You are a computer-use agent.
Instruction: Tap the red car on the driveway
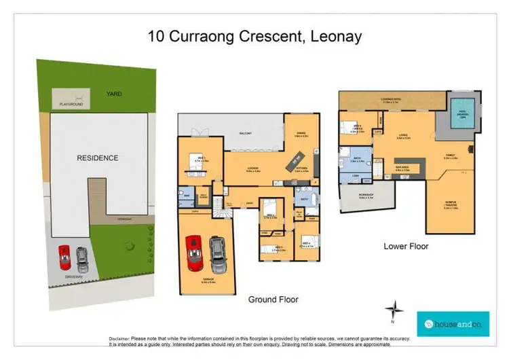64,257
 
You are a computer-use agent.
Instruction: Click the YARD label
113,94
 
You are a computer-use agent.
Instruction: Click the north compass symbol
394,312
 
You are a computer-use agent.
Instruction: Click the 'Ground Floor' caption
273,299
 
